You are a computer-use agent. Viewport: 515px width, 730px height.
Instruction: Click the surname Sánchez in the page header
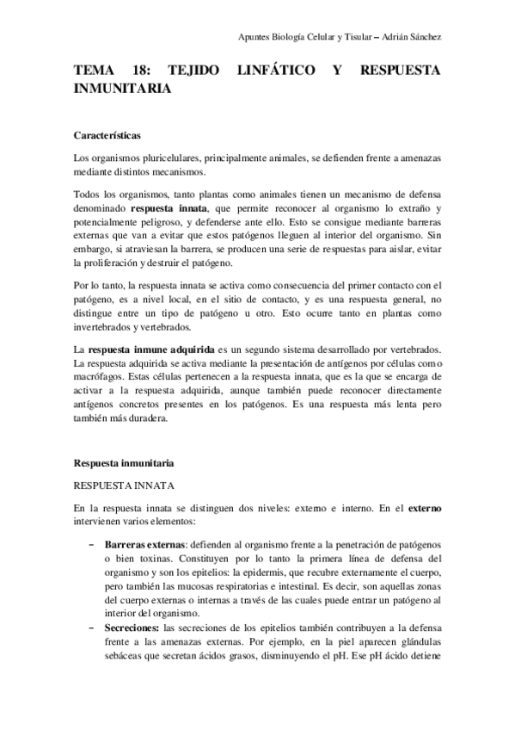coord(424,37)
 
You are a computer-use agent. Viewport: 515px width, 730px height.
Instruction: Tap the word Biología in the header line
coord(292,37)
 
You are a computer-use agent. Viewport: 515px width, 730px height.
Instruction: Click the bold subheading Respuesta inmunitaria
coord(125,461)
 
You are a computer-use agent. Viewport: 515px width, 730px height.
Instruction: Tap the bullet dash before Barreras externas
coord(92,546)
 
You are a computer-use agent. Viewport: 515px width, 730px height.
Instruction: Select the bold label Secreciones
coord(134,630)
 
